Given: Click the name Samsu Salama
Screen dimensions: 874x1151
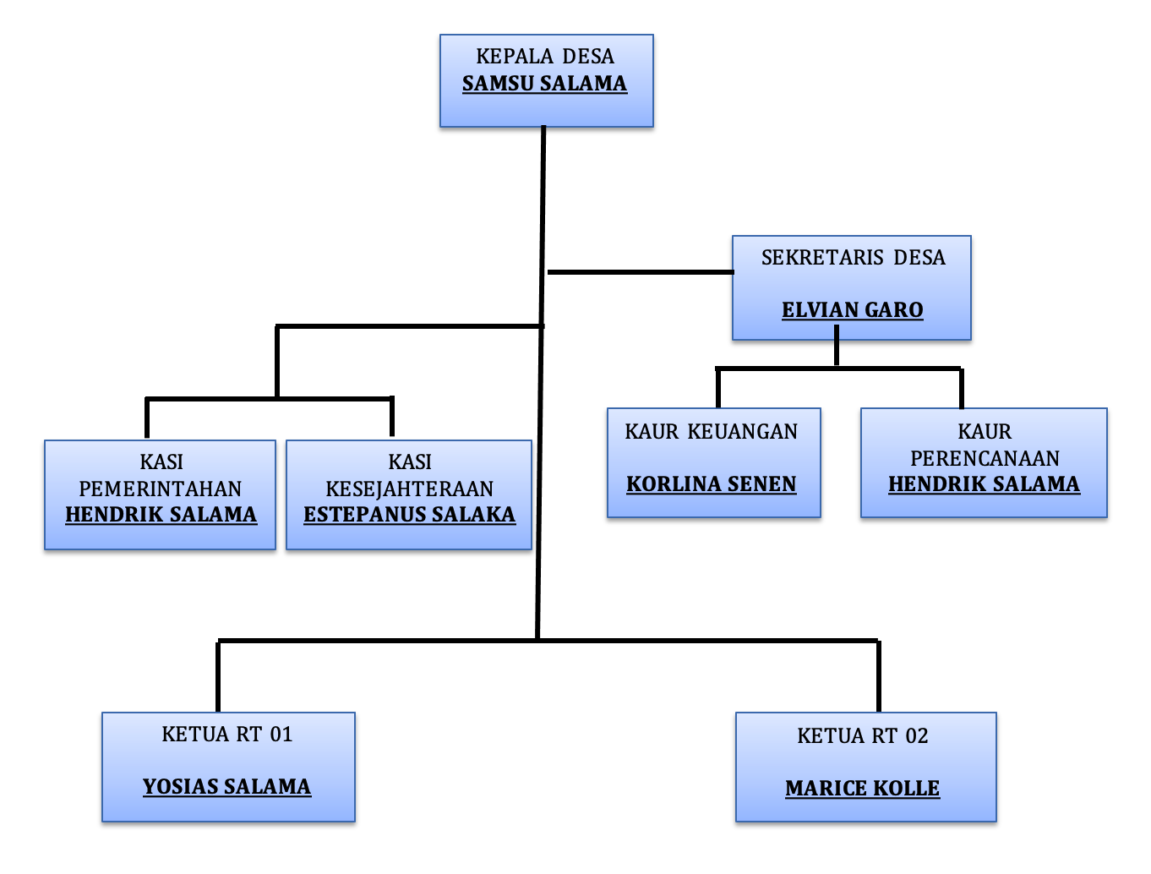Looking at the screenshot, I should click(544, 84).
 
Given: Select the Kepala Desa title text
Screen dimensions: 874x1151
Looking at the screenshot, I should click(545, 57).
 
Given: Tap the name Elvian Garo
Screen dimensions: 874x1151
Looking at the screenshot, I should click(852, 310).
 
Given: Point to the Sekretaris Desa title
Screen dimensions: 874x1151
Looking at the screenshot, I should click(853, 258).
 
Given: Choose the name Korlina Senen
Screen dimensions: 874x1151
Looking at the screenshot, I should click(712, 484).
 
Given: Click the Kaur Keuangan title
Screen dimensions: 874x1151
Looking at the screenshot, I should click(712, 432).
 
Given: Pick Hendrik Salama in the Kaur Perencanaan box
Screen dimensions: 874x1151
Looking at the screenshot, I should click(984, 484).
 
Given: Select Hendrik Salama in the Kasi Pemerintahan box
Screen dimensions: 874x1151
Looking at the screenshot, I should click(161, 515).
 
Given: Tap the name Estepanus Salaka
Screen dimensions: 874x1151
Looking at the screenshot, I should click(409, 515).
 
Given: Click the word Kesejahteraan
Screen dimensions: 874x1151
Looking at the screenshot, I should click(409, 489).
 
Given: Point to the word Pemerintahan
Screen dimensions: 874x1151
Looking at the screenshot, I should click(161, 489).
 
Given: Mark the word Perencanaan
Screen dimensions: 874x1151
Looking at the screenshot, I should click(985, 458).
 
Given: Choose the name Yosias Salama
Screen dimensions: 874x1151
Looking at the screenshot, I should click(226, 787).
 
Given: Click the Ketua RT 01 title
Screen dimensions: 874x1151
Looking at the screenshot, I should click(226, 735).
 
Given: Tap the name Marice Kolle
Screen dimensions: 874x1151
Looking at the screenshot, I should click(862, 789).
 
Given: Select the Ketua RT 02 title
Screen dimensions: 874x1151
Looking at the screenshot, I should click(862, 736).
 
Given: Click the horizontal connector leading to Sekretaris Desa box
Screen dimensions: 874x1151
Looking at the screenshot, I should click(640, 272).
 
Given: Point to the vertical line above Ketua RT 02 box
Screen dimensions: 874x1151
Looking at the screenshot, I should click(879, 676).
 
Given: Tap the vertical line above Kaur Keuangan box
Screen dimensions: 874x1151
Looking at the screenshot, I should click(718, 389).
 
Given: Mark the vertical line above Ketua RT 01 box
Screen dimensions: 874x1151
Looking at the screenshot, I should click(218, 676).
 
